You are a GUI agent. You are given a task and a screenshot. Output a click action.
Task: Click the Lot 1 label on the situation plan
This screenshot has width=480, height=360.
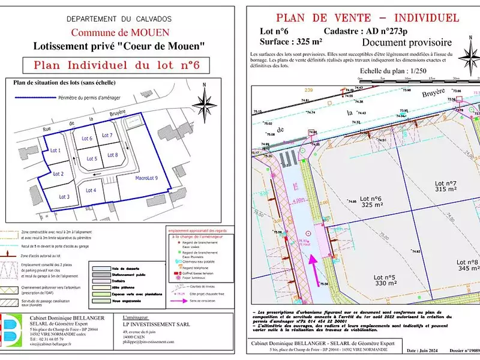click(x=56, y=151)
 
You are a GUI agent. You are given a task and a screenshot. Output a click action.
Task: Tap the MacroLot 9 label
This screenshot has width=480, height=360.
click(x=146, y=178)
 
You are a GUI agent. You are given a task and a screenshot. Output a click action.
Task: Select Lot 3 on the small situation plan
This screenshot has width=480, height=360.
click(x=64, y=196)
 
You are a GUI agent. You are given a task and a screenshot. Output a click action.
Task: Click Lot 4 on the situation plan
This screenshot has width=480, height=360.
click(x=91, y=190)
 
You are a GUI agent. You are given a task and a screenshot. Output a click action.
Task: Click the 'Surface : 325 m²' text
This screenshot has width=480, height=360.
click(x=290, y=42)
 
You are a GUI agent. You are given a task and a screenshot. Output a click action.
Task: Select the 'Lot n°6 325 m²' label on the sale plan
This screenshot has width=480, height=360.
click(x=371, y=202)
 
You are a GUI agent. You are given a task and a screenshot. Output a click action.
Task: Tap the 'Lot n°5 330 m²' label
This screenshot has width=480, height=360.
click(x=385, y=280)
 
